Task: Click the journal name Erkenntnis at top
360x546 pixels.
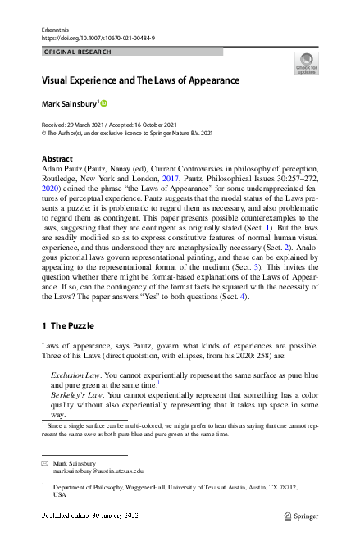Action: click(55, 29)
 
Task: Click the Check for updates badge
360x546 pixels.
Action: click(306, 64)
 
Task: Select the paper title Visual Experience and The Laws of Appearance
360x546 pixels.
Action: click(140, 81)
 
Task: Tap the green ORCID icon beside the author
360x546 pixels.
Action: click(105, 103)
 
